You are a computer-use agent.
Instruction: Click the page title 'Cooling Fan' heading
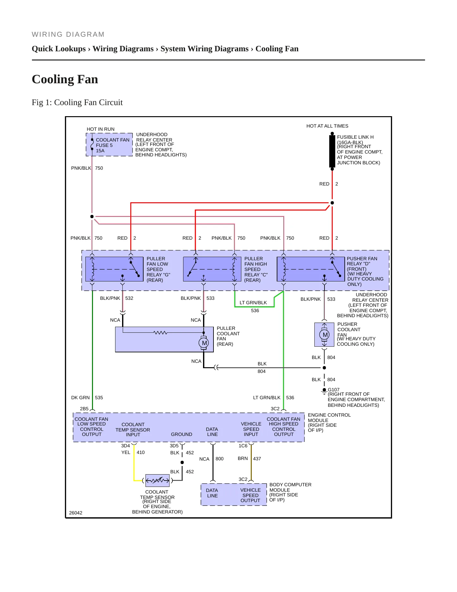tap(65, 79)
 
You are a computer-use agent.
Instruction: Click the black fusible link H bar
tap(332, 151)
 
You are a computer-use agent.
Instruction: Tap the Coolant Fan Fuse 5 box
tap(109, 145)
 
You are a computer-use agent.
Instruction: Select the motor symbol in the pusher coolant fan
tap(325, 335)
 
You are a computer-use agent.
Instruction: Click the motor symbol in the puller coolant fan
tap(204, 343)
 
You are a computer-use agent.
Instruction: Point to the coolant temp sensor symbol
tap(157, 481)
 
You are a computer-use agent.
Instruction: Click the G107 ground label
tap(334, 390)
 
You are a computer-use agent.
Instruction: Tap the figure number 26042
tap(76, 513)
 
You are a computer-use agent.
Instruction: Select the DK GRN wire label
tap(80, 398)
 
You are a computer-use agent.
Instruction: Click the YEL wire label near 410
tap(126, 452)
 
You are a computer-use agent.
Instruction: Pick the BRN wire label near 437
tap(243, 458)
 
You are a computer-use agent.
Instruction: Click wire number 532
tap(129, 298)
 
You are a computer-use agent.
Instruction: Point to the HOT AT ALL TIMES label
tap(327, 126)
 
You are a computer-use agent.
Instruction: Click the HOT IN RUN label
tap(101, 129)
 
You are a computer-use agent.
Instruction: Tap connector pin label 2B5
tap(84, 409)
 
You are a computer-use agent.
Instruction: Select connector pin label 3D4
tap(126, 446)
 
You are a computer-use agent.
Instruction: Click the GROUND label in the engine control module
tap(182, 434)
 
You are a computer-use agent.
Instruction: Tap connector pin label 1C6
tap(243, 446)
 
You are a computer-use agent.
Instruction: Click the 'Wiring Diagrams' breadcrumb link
tap(123, 49)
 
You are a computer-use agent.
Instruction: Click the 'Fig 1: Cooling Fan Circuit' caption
tap(77, 103)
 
